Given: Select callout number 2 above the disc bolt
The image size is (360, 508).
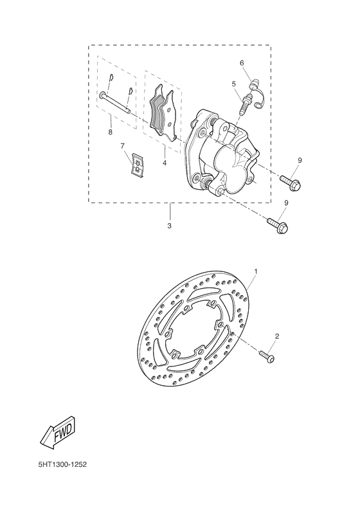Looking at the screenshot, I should coord(277,336).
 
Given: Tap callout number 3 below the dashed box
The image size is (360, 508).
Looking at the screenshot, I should coord(169,226).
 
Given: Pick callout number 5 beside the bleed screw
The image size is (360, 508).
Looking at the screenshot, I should coord(234,84).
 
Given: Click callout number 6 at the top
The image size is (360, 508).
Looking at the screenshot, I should coord(242,63).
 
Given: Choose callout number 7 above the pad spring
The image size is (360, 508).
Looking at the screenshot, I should coord(123,146).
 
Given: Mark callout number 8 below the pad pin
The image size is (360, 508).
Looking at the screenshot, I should coord(110,132).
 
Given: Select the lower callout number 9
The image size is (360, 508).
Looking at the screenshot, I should coord(286,203).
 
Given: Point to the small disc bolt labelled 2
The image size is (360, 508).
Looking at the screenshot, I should coord(267,354).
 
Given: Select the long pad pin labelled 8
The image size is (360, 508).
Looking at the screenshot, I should coord(116,103).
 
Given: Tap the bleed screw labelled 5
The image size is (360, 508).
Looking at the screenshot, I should coord(245,104).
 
